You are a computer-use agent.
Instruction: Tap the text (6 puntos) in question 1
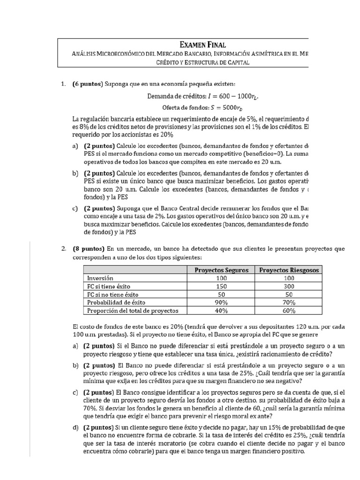(87, 84)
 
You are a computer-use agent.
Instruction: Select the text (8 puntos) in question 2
(89, 249)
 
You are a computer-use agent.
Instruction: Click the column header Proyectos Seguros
(221, 270)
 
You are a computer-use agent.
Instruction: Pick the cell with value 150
(221, 286)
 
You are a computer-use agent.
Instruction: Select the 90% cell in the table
(221, 302)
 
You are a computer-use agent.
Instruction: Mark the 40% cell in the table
(221, 310)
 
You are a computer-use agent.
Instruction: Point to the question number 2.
(63, 249)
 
